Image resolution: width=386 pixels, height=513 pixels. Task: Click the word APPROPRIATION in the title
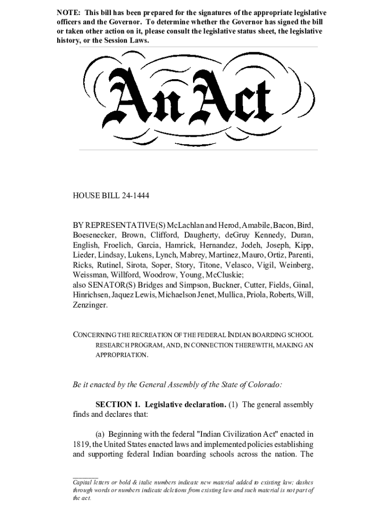click(121, 355)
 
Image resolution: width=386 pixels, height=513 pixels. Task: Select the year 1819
click(80, 444)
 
